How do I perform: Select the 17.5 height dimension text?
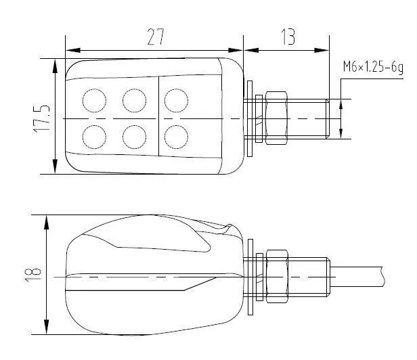tap(41, 117)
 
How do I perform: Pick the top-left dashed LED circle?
tap(93, 100)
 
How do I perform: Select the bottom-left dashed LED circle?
tap(93, 135)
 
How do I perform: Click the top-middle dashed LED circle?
tap(135, 100)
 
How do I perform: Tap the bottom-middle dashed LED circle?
tap(135, 135)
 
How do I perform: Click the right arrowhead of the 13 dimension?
tap(328, 50)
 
